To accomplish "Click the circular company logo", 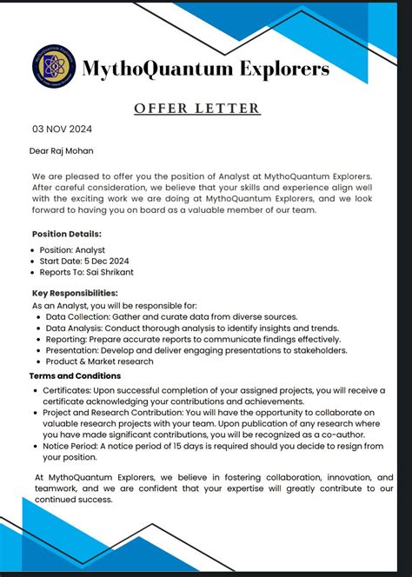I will pos(54,67).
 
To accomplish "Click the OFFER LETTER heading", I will pos(196,109).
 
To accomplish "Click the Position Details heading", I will pos(67,234).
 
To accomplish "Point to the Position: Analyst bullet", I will pos(76,249).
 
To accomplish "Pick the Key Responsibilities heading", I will pos(75,293).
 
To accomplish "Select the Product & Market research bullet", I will pos(99,361).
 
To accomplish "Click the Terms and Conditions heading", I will pos(76,375).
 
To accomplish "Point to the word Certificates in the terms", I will pos(70,390).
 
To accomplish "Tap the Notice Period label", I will pos(75,446).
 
